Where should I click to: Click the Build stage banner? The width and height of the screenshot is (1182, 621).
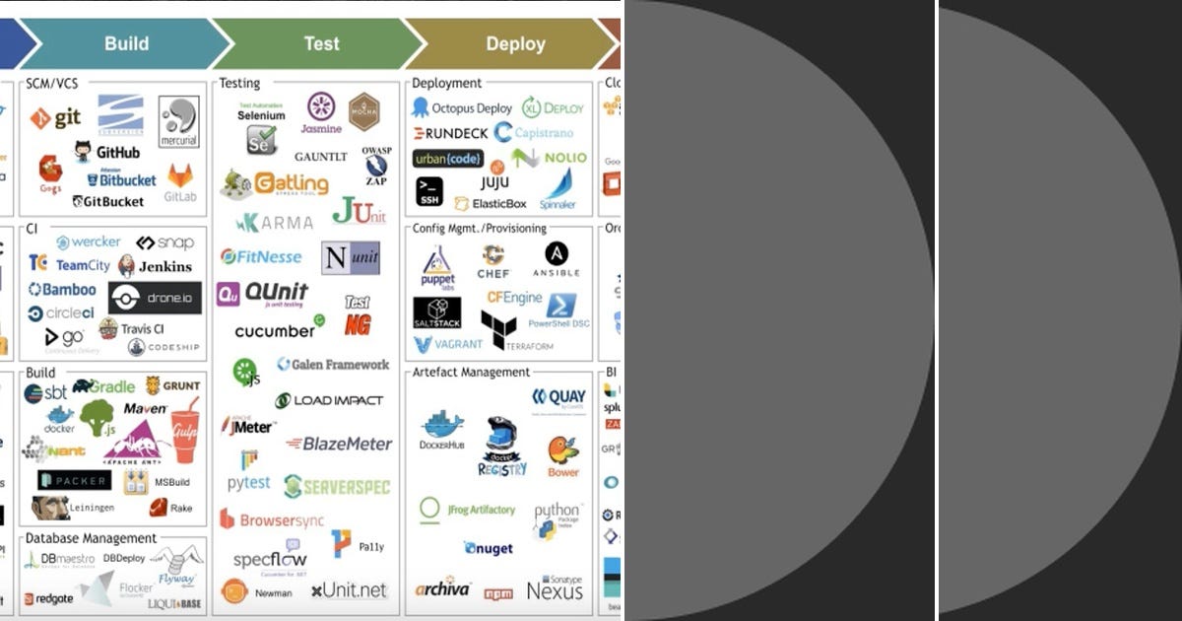tap(126, 43)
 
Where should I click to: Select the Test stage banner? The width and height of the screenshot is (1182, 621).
tap(321, 43)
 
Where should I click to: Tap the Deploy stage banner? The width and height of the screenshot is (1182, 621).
tap(515, 43)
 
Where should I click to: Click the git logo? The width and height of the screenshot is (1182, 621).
tap(55, 118)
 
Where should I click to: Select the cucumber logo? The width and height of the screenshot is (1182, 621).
tap(278, 329)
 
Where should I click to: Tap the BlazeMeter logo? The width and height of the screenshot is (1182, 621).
tap(339, 444)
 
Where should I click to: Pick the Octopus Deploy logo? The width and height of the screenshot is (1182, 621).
tap(463, 107)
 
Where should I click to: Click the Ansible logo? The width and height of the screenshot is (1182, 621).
tap(556, 259)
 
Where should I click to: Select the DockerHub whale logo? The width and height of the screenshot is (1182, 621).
tap(442, 430)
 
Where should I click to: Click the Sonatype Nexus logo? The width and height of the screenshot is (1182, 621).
tap(555, 588)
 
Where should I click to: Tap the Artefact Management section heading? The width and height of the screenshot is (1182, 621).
tap(471, 372)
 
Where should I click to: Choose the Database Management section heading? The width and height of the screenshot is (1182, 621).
tap(91, 538)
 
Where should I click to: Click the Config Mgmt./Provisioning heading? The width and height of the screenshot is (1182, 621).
tap(479, 228)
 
